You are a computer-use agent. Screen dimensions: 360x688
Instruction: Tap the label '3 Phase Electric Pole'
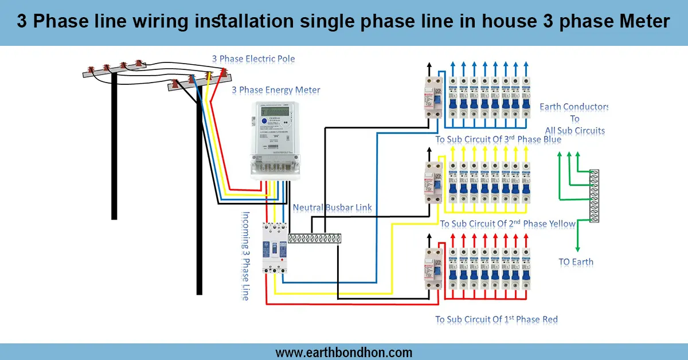pos(253,58)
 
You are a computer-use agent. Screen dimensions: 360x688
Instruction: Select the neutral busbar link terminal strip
pos(314,238)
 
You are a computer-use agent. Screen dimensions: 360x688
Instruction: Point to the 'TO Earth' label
pos(576,262)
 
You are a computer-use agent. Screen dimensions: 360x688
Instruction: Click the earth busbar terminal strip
pos(594,195)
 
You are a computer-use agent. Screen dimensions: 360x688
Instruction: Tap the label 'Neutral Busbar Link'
pos(332,208)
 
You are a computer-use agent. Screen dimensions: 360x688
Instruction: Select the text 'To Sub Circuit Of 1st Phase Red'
pos(496,319)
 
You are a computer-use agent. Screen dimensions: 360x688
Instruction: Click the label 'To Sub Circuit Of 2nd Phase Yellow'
pos(507,224)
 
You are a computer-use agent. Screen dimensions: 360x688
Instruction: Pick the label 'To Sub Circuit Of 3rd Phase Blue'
pos(498,139)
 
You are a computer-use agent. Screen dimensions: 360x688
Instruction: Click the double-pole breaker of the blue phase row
pos(433,97)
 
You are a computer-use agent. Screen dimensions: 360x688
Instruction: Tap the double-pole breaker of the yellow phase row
pos(433,182)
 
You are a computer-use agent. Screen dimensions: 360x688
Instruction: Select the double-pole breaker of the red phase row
pos(433,269)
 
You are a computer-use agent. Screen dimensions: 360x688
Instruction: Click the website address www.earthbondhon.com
pos(343,353)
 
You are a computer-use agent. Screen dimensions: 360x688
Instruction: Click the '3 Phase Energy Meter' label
pos(276,90)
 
